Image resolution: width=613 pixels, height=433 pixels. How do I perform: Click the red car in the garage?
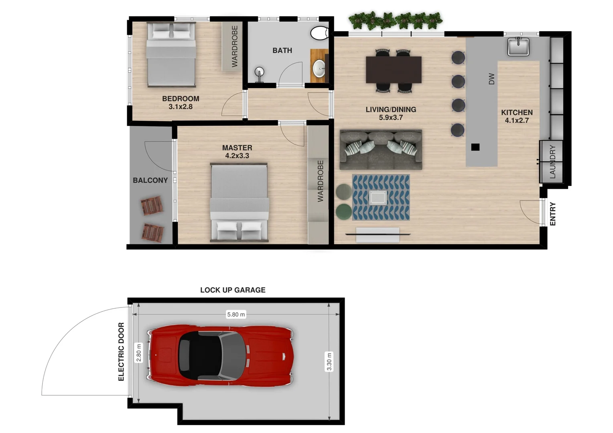[220, 356]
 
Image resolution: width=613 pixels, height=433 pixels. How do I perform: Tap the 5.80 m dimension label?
[236, 315]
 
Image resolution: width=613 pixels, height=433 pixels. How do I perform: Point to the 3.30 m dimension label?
[329, 362]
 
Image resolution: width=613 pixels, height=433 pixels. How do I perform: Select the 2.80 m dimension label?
[139, 353]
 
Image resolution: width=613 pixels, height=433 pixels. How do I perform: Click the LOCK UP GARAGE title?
[233, 290]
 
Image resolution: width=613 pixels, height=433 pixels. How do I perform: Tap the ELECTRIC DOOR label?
[121, 352]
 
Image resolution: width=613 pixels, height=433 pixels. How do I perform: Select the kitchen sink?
[518, 46]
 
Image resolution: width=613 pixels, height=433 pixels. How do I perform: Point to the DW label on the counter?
[492, 79]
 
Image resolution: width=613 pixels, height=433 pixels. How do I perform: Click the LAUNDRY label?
[552, 162]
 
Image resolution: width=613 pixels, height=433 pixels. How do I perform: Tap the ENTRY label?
[553, 214]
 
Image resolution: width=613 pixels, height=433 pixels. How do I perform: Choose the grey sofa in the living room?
[381, 150]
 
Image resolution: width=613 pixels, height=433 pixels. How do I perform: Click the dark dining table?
[394, 70]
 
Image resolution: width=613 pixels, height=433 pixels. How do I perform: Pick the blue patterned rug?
[381, 197]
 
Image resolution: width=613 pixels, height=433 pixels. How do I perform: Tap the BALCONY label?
[150, 180]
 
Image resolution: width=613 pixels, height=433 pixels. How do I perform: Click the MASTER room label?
[237, 148]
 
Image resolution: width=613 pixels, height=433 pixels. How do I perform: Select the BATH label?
[282, 51]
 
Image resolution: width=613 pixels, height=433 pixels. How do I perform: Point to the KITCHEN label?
[517, 113]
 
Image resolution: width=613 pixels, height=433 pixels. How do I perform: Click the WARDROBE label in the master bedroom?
[320, 181]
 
